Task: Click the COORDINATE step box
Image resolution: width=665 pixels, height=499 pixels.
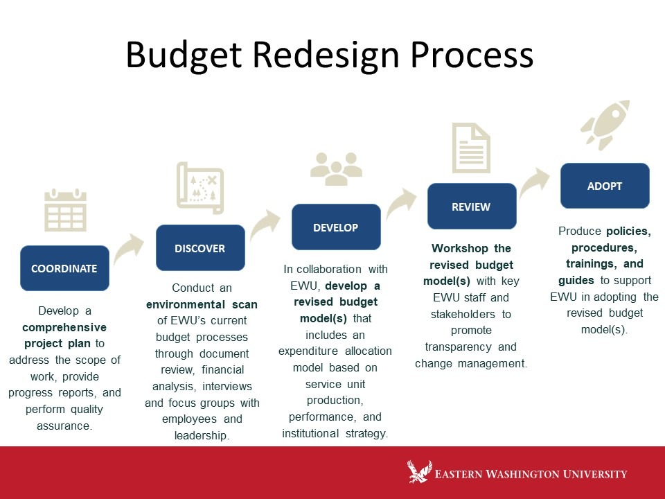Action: point(64,268)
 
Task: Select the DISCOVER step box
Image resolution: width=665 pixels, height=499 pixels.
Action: point(200,248)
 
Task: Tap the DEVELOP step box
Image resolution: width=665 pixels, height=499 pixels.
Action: point(336,227)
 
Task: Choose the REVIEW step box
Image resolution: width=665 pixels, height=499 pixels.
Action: point(472,207)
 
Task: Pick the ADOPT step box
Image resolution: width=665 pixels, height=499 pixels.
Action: point(605,186)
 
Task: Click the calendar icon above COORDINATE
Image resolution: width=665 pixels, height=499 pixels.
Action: point(65,210)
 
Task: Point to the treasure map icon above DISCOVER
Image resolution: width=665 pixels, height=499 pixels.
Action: point(200,188)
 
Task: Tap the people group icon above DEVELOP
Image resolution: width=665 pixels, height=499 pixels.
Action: point(336,169)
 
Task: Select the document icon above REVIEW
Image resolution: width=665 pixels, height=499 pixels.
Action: point(471,148)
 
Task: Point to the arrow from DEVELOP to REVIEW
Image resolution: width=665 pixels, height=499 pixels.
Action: point(402,203)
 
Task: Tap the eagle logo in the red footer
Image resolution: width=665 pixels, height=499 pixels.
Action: point(420,471)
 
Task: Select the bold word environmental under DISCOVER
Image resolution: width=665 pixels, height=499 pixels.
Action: point(186,304)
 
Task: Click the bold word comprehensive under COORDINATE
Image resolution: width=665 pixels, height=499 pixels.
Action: point(64,327)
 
